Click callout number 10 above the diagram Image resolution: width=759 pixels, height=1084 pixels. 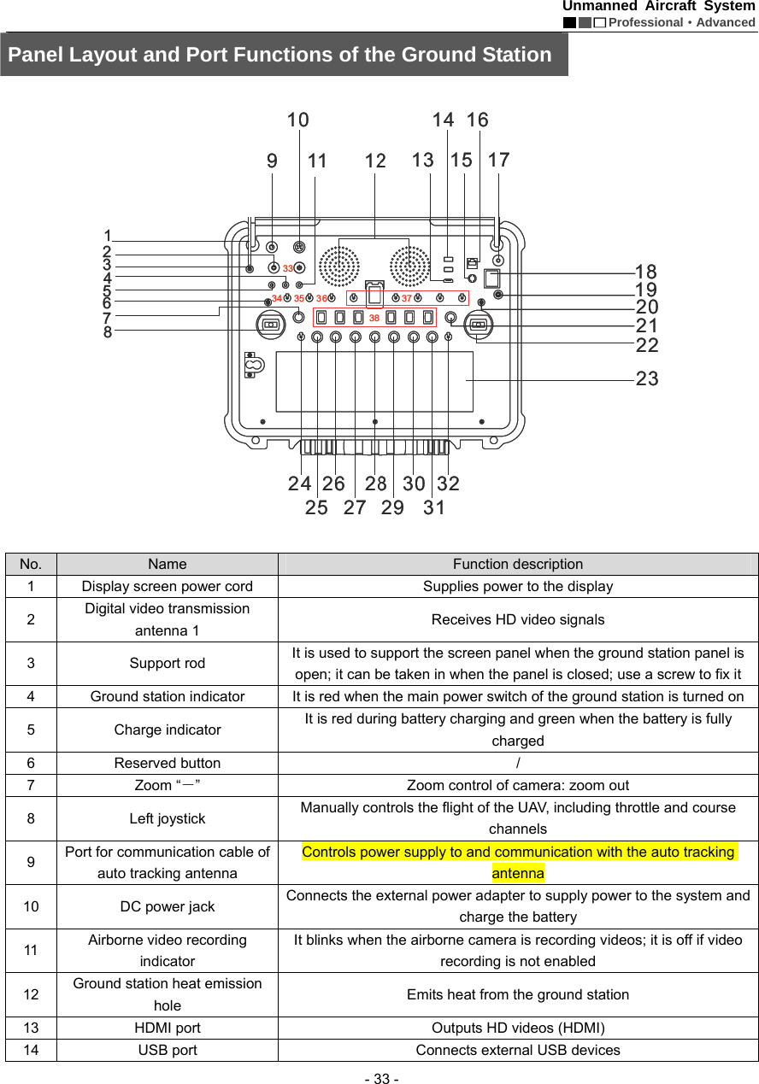pos(297,120)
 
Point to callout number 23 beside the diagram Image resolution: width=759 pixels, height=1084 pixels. pos(647,378)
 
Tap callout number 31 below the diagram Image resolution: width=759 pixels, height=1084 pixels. pos(434,507)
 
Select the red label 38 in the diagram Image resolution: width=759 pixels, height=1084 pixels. pos(374,319)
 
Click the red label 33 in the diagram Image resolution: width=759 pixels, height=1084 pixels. pos(288,269)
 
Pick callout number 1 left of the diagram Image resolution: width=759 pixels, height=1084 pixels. pos(108,235)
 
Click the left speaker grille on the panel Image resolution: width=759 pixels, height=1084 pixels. pos(339,266)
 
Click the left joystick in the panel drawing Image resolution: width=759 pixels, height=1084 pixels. pos(271,325)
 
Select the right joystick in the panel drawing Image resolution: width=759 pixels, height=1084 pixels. pos(478,325)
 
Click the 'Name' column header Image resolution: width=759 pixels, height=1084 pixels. pos(168,564)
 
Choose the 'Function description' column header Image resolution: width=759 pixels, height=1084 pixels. pos(517,564)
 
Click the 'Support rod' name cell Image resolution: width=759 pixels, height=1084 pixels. pos(168,664)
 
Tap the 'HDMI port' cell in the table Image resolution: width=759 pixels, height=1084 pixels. pos(168,1028)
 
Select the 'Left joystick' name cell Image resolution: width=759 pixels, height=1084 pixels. pos(168,818)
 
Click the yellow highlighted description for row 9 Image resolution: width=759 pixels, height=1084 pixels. pos(517,862)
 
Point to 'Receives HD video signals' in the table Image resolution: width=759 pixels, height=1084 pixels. pos(517,620)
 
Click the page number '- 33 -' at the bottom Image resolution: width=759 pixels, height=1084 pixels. pos(379,1079)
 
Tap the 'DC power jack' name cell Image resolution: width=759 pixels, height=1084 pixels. pos(168,906)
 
